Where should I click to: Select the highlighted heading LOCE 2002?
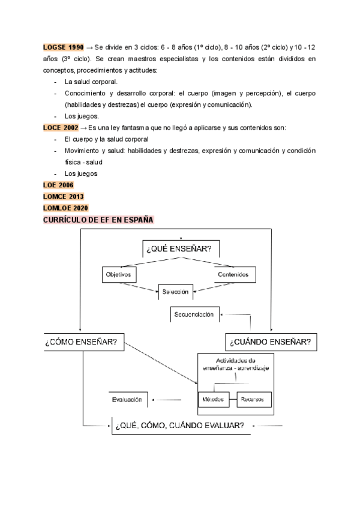tap(61, 128)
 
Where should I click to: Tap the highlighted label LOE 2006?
tap(58, 185)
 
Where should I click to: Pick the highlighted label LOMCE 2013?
tap(64, 196)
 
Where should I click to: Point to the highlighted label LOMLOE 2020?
tap(65, 208)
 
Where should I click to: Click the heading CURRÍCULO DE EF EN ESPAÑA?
tap(98, 220)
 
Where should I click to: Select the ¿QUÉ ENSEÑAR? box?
tap(180, 248)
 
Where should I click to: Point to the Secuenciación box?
tap(194, 315)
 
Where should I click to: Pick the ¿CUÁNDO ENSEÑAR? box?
tap(270, 342)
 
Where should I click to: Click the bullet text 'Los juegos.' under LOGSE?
tap(82, 116)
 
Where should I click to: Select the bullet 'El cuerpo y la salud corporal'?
tap(107, 139)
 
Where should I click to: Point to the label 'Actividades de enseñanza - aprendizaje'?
tap(236, 363)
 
